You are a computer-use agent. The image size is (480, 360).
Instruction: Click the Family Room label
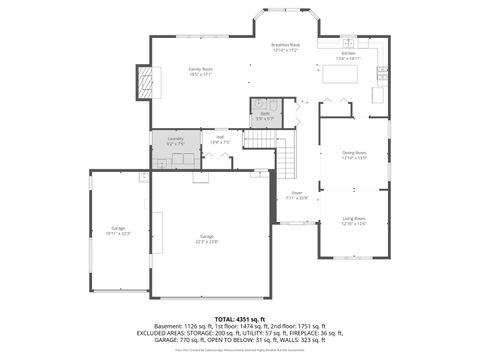(202, 70)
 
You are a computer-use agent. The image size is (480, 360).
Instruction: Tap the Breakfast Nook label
(286, 46)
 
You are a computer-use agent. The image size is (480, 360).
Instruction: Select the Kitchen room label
(348, 54)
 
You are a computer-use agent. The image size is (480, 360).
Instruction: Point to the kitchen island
(335, 74)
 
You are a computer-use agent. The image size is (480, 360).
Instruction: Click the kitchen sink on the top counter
(349, 43)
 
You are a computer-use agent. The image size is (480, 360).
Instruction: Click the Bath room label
(265, 114)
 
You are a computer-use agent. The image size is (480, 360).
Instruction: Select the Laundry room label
(175, 139)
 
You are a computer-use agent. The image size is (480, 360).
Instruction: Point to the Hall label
(220, 139)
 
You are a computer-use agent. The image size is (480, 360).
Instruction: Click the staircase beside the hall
(287, 155)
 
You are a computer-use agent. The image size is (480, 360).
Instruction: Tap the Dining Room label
(355, 153)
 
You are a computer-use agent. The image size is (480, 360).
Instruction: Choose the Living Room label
(354, 219)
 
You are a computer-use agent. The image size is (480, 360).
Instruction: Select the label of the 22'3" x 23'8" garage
(207, 237)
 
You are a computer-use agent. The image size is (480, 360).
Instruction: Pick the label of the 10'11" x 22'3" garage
(119, 230)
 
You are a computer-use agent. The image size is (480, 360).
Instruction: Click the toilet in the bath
(258, 104)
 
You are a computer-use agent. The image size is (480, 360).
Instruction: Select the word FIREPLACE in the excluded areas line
(299, 333)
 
